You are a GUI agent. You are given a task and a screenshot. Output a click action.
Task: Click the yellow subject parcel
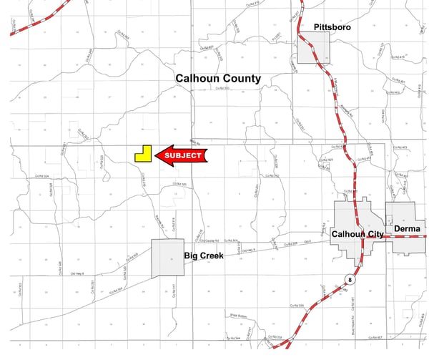[142, 155]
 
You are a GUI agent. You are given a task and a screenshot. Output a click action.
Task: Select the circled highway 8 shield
[350, 278]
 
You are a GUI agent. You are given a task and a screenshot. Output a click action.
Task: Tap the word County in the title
[242, 79]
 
